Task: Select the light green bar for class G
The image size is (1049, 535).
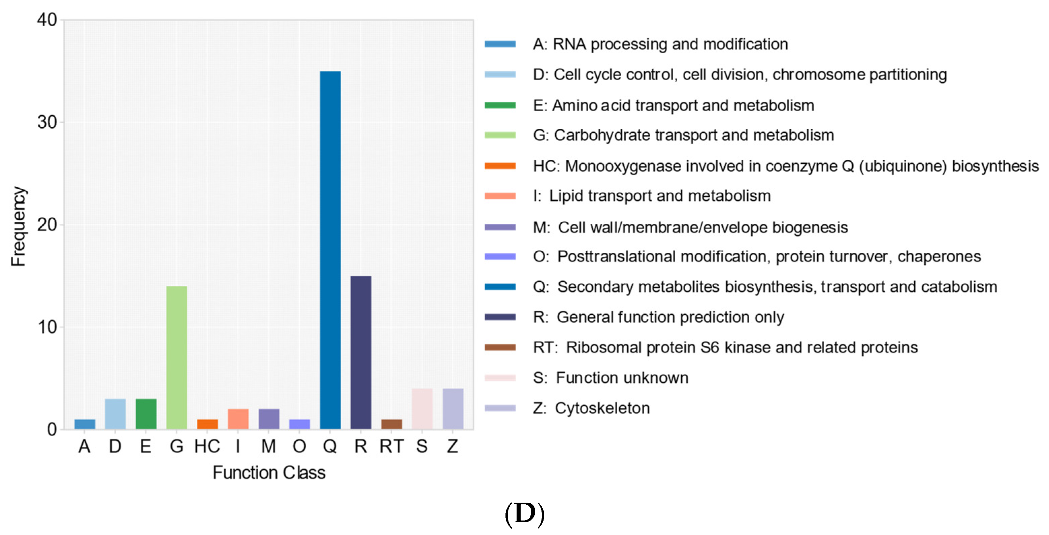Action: [176, 357]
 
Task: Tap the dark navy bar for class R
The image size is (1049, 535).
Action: [361, 352]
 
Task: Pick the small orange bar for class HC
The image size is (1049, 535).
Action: [207, 424]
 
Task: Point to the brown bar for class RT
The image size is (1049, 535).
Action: [391, 424]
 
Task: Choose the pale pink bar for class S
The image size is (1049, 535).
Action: [422, 409]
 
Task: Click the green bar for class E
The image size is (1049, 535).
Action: [146, 414]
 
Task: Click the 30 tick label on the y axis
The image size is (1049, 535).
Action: [47, 122]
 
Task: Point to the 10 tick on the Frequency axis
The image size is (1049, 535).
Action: [47, 327]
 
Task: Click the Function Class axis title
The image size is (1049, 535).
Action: [269, 473]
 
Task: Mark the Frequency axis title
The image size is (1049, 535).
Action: [18, 226]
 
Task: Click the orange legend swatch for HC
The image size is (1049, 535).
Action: [500, 166]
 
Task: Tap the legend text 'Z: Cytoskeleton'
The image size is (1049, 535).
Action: [591, 408]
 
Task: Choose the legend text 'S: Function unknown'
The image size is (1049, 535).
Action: [611, 378]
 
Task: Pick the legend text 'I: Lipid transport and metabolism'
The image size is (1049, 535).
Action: [652, 196]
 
